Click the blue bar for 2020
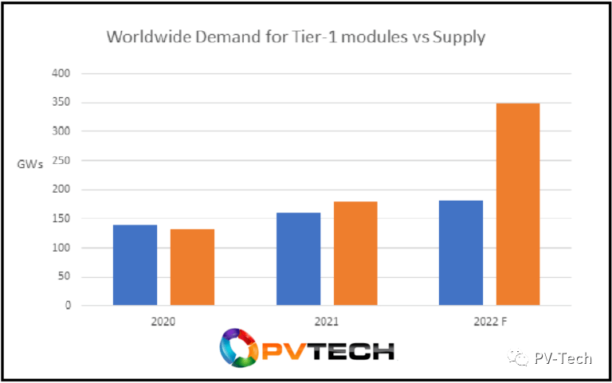point(135,265)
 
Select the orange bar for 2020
point(192,268)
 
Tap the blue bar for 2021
point(299,259)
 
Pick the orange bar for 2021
point(355,253)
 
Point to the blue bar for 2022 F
point(461,252)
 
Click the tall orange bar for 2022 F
point(518,205)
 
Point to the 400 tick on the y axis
point(61,73)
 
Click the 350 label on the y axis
point(61,102)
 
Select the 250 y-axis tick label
point(61,160)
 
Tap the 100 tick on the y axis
point(61,248)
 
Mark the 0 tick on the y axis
point(68,306)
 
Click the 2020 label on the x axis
point(163,322)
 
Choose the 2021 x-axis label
point(327,322)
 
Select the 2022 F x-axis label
point(490,322)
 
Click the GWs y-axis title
point(30,164)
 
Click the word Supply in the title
point(459,38)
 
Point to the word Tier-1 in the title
point(315,37)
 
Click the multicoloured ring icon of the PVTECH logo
point(239,348)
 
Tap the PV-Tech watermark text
point(563,358)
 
